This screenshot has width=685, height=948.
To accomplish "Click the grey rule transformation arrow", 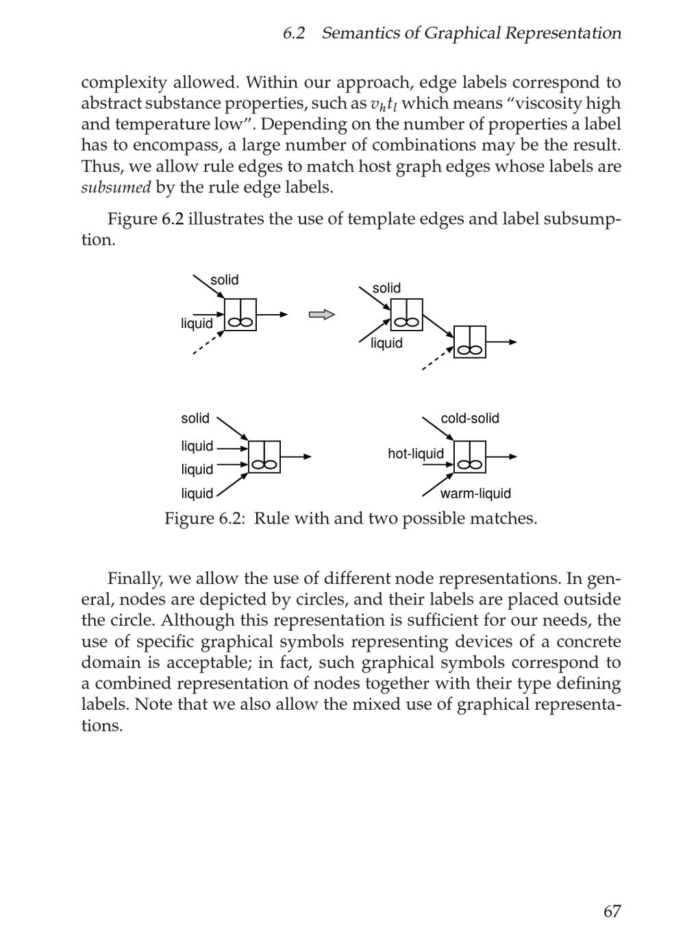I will click(321, 315).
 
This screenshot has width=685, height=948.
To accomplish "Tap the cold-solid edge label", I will click(469, 418).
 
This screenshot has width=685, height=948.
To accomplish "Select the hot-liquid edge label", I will click(415, 454).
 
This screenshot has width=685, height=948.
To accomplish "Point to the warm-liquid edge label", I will click(475, 494).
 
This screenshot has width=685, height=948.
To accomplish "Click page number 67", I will click(612, 911).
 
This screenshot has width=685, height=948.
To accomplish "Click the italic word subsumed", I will click(115, 188).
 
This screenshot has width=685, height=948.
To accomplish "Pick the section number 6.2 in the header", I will click(294, 33).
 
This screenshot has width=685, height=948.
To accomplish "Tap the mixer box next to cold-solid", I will click(470, 457).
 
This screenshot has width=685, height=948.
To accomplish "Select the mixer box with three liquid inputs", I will click(264, 457).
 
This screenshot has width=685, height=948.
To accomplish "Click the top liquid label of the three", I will click(197, 446).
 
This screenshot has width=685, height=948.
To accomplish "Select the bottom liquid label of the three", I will click(197, 494).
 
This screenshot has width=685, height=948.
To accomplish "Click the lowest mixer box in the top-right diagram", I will click(470, 342).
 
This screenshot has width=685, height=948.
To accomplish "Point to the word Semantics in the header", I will click(360, 33).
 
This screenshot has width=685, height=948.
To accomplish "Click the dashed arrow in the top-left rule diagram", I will click(208, 344).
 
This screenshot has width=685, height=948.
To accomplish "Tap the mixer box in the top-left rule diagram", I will click(240, 315).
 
